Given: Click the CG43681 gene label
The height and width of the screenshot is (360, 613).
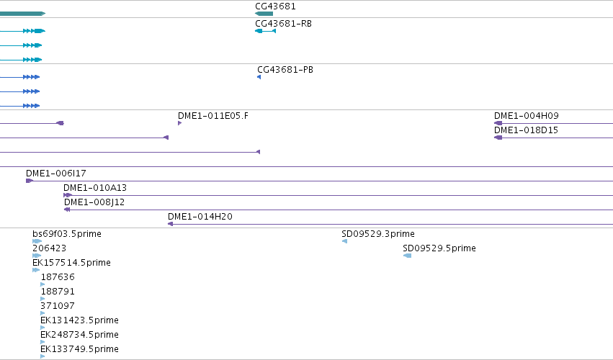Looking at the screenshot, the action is (275, 6).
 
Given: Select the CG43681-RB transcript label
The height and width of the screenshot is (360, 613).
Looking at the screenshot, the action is (283, 24).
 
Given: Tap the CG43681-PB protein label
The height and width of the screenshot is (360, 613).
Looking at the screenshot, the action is (285, 70).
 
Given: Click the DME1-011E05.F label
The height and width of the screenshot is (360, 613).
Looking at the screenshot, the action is (212, 116).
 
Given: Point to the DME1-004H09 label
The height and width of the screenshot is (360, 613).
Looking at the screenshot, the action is (527, 116).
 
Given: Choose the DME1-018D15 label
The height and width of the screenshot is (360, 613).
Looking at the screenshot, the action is (526, 130).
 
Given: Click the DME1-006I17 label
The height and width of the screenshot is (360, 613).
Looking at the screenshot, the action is (56, 173).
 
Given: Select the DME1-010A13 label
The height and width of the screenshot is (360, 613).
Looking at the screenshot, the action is (95, 188).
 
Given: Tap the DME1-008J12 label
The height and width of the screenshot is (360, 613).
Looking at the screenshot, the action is (94, 202).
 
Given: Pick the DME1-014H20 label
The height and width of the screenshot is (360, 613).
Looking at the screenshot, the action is (200, 217).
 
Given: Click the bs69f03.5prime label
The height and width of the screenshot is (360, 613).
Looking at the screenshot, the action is (67, 234).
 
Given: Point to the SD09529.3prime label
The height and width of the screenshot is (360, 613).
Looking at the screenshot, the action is (378, 234).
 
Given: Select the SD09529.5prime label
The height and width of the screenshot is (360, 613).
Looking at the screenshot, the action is (439, 248).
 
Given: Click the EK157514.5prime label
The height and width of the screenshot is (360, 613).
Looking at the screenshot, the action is (71, 263).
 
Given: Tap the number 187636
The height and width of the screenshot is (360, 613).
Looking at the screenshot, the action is (58, 277).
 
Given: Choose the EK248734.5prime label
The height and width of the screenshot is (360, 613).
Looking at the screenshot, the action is (79, 335).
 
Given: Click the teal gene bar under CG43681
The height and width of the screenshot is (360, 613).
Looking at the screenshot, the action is (264, 14).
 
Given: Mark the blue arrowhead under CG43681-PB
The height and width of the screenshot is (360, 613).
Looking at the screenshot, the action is (259, 77).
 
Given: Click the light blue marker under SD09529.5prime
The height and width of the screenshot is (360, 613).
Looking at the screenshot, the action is (408, 256).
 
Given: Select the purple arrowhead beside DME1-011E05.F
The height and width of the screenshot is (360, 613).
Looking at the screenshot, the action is (180, 123).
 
